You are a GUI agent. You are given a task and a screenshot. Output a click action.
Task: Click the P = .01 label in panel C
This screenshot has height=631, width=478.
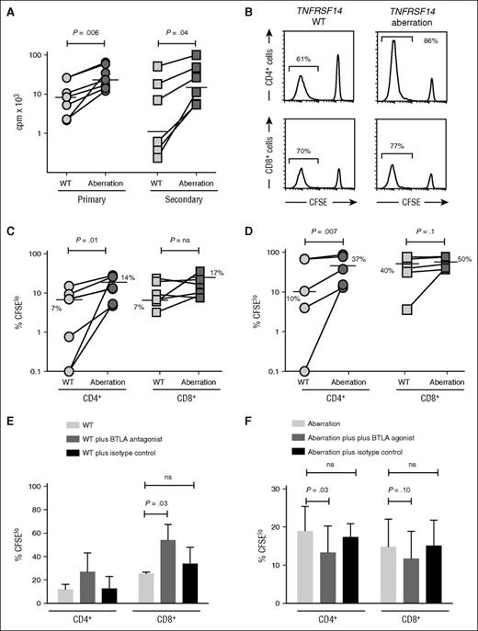tap(85, 242)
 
